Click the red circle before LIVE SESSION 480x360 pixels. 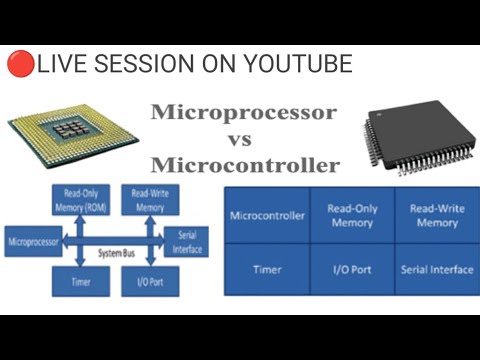click(x=20, y=65)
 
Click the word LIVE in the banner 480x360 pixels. click(x=62, y=65)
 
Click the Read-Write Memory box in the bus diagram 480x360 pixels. click(x=149, y=201)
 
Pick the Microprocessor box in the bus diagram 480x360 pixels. click(x=33, y=242)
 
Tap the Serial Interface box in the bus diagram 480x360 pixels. click(x=187, y=241)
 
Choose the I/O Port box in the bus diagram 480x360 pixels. click(x=149, y=282)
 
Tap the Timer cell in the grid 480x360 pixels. click(x=267, y=269)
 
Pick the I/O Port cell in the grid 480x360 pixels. click(x=352, y=269)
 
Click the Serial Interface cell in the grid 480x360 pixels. click(x=436, y=269)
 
